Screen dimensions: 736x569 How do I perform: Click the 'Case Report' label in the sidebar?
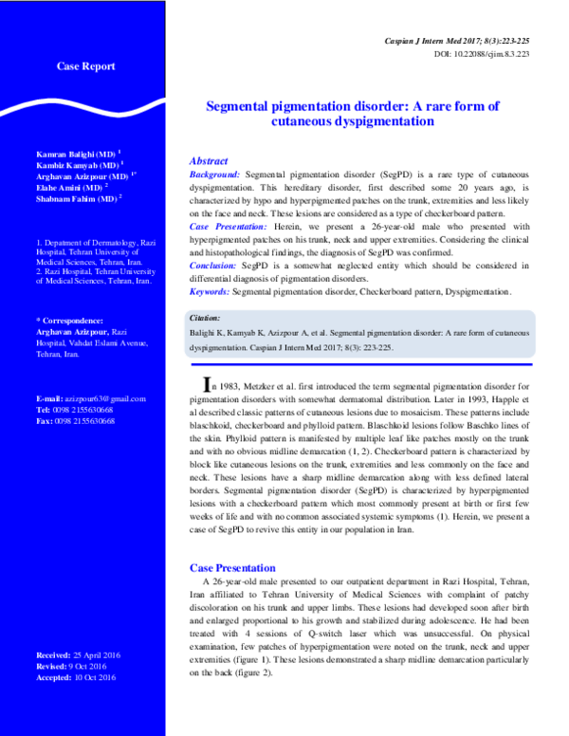point(86,66)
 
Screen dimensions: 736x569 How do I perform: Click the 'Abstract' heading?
point(209,161)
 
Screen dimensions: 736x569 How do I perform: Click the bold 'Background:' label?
point(215,175)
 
